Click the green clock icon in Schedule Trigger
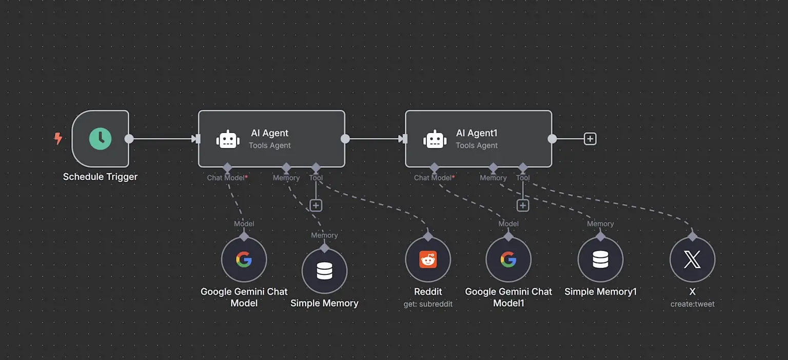[100, 138]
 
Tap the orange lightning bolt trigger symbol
[58, 138]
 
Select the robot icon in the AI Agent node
[228, 139]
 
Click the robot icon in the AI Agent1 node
[435, 139]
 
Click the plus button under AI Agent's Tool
[316, 206]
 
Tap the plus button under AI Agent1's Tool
[522, 206]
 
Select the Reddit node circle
[428, 259]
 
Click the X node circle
[692, 259]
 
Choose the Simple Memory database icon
[324, 271]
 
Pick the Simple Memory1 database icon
[600, 259]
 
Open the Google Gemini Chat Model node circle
[244, 259]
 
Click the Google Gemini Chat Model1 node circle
[508, 259]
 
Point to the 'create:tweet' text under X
[692, 304]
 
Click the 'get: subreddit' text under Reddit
[428, 304]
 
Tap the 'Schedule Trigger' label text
[100, 177]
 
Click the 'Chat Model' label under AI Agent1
[432, 178]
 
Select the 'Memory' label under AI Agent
[286, 178]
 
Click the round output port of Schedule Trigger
[129, 138]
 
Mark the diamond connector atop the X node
[692, 236]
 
